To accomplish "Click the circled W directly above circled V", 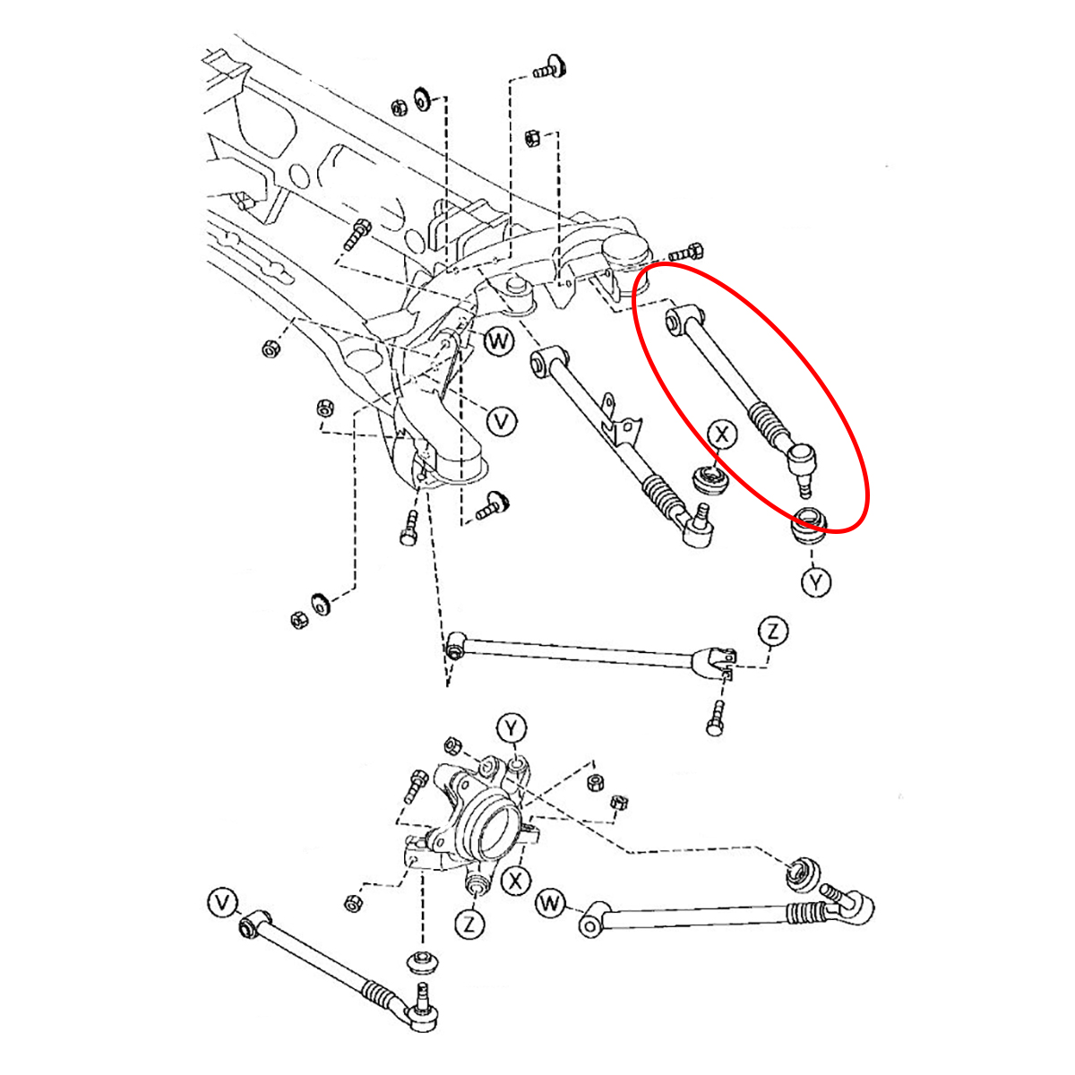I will pyautogui.click(x=498, y=341).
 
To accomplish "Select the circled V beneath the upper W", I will pyautogui.click(x=502, y=421).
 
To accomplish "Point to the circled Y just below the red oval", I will pyautogui.click(x=815, y=582).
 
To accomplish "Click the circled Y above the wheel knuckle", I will pyautogui.click(x=512, y=729).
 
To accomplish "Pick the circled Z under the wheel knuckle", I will pyautogui.click(x=469, y=924).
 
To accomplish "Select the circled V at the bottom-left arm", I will pyautogui.click(x=222, y=903).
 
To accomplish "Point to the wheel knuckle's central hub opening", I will pyautogui.click(x=496, y=828).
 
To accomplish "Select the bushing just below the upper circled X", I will pyautogui.click(x=713, y=478).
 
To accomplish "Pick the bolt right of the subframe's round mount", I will pyautogui.click(x=688, y=254).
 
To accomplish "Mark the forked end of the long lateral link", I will pyautogui.click(x=717, y=663).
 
